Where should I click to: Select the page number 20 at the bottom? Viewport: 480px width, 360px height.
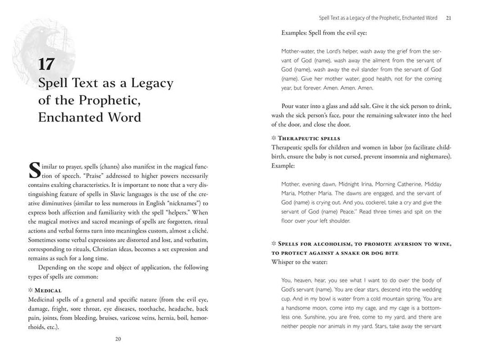pyautogui.click(x=118, y=338)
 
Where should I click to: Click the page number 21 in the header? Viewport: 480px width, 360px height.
pyautogui.click(x=449, y=18)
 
